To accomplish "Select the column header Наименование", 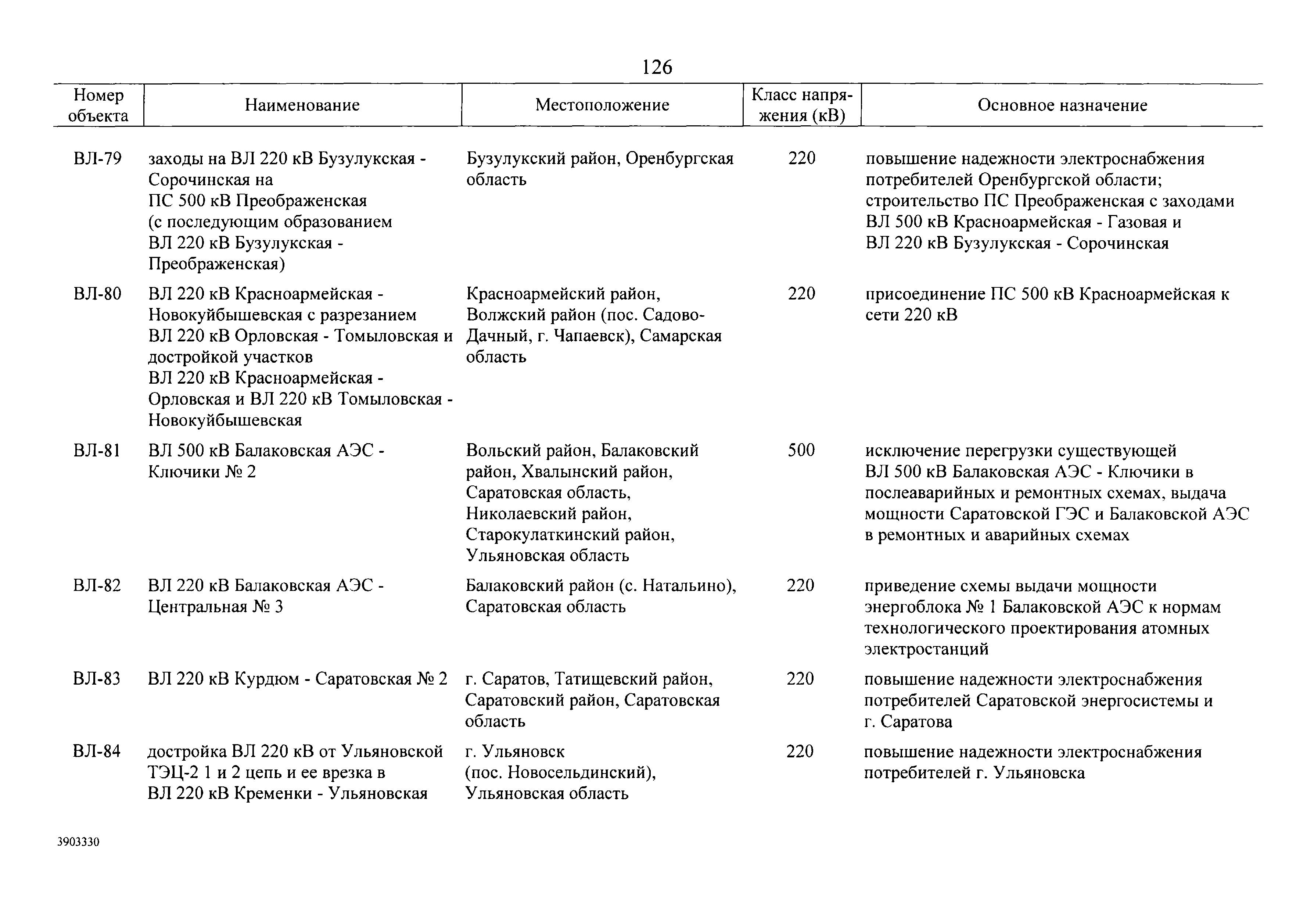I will (x=302, y=105).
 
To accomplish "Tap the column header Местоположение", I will (x=602, y=105).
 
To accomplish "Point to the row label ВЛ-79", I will (x=97, y=159).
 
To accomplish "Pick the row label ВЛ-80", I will (x=97, y=294).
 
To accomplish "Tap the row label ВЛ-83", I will (x=97, y=679).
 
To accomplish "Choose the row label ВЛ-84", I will (x=97, y=751).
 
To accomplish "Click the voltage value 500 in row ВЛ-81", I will (x=801, y=450).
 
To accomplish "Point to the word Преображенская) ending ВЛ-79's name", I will (x=217, y=264).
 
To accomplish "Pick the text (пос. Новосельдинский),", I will (x=561, y=773).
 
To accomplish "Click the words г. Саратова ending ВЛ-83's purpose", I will (x=908, y=722).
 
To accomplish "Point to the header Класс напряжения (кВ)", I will (x=802, y=105).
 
